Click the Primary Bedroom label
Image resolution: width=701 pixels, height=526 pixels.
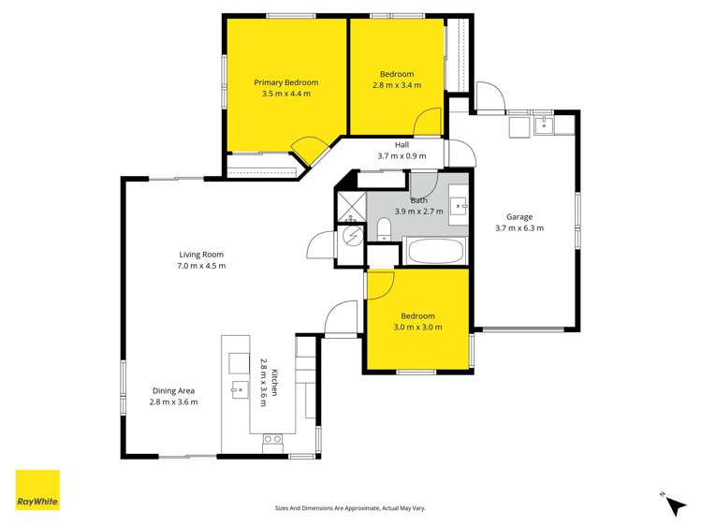tap(286, 82)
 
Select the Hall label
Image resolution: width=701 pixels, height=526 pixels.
tap(402, 145)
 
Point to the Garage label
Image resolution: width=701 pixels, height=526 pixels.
tap(519, 216)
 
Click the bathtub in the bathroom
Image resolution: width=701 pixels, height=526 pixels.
tap(434, 252)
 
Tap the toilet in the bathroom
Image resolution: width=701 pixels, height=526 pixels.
tap(384, 229)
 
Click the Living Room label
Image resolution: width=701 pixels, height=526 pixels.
tap(201, 254)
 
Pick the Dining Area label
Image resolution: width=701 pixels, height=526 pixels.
tap(173, 390)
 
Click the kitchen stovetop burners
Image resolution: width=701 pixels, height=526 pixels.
tap(273, 438)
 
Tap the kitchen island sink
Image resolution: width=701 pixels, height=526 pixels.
tap(237, 387)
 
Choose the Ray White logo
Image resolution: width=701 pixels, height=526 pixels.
tap(37, 489)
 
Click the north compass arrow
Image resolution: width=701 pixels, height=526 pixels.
tap(674, 505)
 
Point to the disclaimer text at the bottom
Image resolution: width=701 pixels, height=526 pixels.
tap(349, 508)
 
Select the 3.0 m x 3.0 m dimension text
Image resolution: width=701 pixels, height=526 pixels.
tap(417, 328)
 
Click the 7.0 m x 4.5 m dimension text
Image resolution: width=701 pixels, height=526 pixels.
tap(201, 266)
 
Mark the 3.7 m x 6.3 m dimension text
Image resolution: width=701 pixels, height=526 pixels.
tap(519, 227)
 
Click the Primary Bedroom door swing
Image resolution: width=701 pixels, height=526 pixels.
tap(309, 150)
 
